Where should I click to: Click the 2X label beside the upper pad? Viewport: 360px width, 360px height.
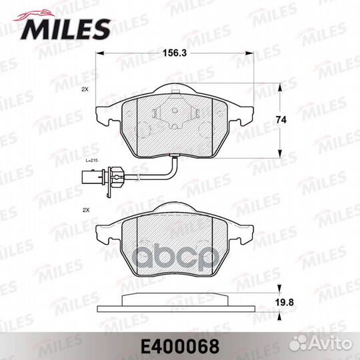[85, 89]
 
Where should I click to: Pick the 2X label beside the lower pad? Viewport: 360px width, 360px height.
[85, 209]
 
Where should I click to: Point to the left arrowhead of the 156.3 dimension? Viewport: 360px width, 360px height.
[99, 56]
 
